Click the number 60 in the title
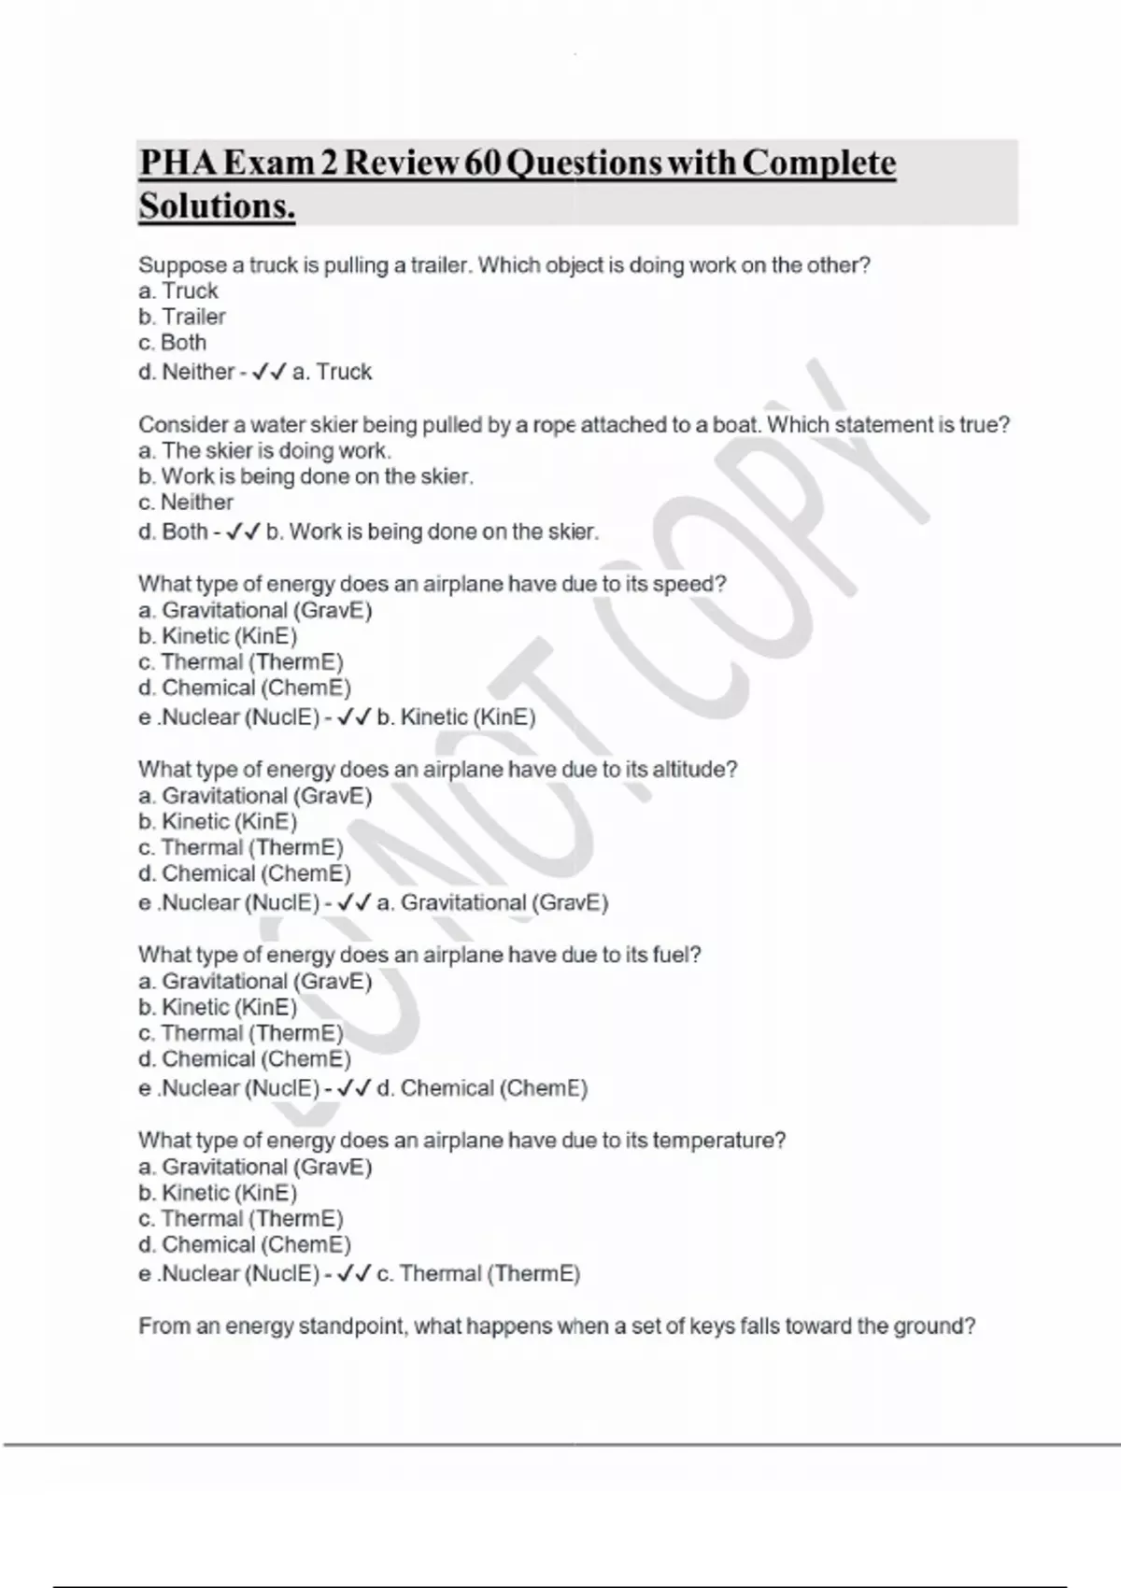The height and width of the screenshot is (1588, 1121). pyautogui.click(x=484, y=163)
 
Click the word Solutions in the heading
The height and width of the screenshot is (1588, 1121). pyautogui.click(x=217, y=206)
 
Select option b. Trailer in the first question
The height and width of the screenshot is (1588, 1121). pyautogui.click(x=182, y=317)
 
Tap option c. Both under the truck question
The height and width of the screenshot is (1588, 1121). pyautogui.click(x=173, y=343)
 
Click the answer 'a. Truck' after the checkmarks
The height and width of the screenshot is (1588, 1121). pyautogui.click(x=332, y=372)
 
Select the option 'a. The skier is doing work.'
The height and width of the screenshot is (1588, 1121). pyautogui.click(x=264, y=451)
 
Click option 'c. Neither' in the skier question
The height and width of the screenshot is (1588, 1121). pyautogui.click(x=186, y=503)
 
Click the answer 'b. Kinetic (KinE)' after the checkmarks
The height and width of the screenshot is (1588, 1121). pyautogui.click(x=456, y=717)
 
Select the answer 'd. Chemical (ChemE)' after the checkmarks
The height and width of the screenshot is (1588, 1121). pyautogui.click(x=482, y=1088)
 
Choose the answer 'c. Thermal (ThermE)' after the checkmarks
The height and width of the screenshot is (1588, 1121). pyautogui.click(x=478, y=1274)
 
